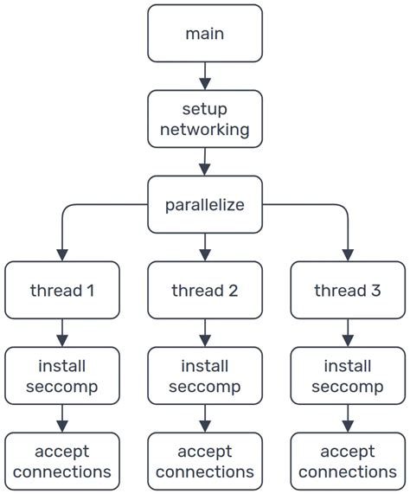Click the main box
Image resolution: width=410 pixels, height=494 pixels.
pyautogui.click(x=204, y=34)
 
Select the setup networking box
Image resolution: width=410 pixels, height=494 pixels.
pyautogui.click(x=204, y=119)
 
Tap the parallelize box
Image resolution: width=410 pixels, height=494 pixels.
pyautogui.click(x=204, y=205)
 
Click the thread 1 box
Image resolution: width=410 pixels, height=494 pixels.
pyautogui.click(x=62, y=291)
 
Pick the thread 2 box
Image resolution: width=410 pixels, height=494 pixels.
pyautogui.click(x=204, y=291)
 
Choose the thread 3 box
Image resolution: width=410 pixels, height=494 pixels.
pyautogui.click(x=347, y=291)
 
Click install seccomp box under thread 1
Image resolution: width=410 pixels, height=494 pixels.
pyautogui.click(x=62, y=376)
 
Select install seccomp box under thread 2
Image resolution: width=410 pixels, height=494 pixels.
pyautogui.click(x=204, y=376)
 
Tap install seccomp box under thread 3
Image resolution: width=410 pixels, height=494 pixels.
pyautogui.click(x=347, y=376)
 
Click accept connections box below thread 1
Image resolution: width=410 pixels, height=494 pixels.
pyautogui.click(x=62, y=462)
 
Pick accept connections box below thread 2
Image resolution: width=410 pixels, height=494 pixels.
pyautogui.click(x=204, y=462)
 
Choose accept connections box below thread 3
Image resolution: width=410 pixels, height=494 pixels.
pyautogui.click(x=347, y=462)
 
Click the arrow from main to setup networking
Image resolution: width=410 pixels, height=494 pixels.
pyautogui.click(x=204, y=76)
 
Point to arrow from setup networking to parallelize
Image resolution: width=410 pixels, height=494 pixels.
pyautogui.click(x=204, y=162)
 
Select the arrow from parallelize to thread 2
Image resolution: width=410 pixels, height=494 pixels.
pyautogui.click(x=204, y=247)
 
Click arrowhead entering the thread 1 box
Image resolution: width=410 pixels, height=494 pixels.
pyautogui.click(x=62, y=255)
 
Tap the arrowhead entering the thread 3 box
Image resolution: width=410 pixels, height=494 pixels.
pyautogui.click(x=347, y=255)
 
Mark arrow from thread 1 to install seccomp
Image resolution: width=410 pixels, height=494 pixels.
pyautogui.click(x=62, y=333)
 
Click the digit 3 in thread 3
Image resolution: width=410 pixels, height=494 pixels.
pyautogui.click(x=375, y=291)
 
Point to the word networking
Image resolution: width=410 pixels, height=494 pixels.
pyautogui.click(x=204, y=130)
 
